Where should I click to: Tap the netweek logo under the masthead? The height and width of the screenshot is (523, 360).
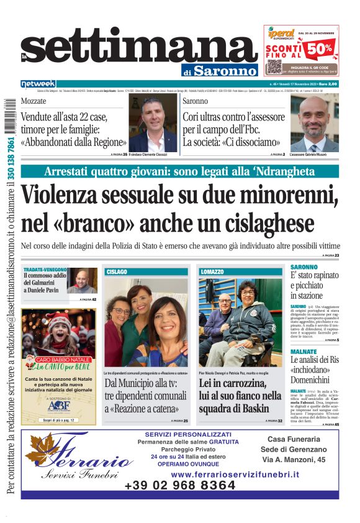point(38,83)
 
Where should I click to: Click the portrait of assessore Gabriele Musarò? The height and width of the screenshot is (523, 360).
point(315,122)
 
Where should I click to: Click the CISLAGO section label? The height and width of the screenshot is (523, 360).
point(117,271)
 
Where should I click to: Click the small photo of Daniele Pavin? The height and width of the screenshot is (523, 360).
point(82,281)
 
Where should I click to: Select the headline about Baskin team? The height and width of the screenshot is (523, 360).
point(240,396)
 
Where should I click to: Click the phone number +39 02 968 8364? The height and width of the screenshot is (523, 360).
point(179,485)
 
